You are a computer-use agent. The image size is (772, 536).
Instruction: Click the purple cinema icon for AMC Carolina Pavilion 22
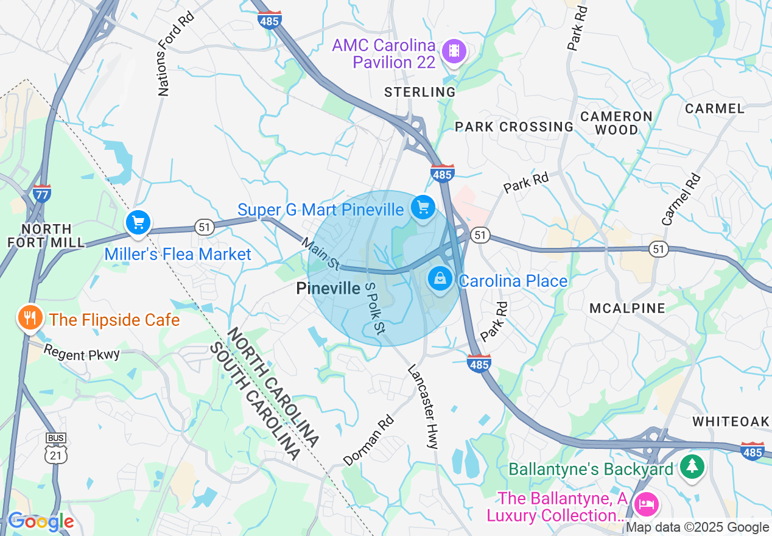pyautogui.click(x=454, y=51)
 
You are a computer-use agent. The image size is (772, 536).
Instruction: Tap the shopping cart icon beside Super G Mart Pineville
pyautogui.click(x=423, y=208)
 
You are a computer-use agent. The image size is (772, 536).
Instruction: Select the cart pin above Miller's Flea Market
pyautogui.click(x=139, y=222)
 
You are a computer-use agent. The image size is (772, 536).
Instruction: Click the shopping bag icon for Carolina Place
pyautogui.click(x=439, y=280)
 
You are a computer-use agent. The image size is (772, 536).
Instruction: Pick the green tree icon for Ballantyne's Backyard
pyautogui.click(x=692, y=467)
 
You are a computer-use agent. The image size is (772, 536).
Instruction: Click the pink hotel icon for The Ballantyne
pyautogui.click(x=645, y=504)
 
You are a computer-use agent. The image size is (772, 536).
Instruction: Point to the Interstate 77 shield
pyautogui.click(x=42, y=194)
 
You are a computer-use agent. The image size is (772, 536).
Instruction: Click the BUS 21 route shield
pyautogui.click(x=56, y=447)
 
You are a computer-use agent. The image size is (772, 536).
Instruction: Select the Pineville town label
pyautogui.click(x=328, y=289)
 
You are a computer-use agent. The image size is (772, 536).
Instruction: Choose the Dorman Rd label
pyautogui.click(x=368, y=440)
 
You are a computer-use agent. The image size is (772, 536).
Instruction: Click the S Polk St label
pyautogui.click(x=374, y=308)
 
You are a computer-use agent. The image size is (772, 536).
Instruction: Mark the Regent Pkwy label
pyautogui.click(x=82, y=353)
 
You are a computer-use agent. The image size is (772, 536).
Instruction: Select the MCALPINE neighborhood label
pyautogui.click(x=627, y=308)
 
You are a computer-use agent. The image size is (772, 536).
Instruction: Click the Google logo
pyautogui.click(x=41, y=521)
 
